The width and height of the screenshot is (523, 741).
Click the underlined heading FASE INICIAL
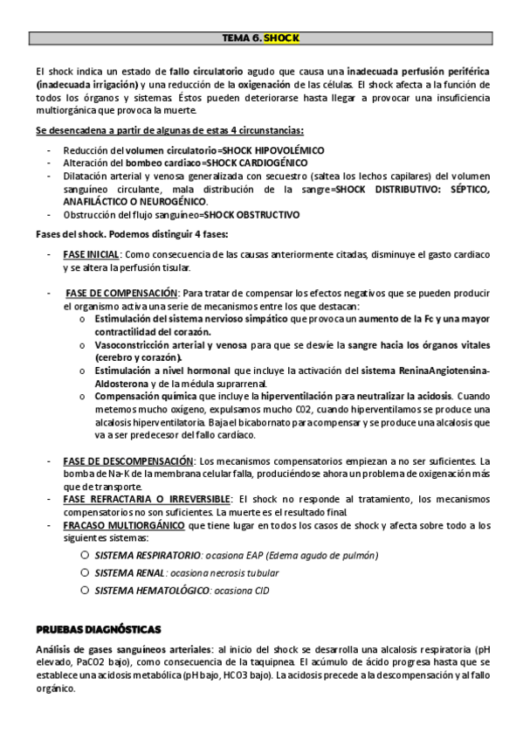(96, 254)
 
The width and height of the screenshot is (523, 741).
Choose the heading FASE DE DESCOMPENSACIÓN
(127, 461)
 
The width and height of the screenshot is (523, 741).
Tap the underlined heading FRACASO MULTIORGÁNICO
(123, 525)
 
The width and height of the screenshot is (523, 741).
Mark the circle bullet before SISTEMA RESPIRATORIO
(85, 556)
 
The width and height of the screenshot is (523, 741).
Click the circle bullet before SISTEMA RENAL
(85, 572)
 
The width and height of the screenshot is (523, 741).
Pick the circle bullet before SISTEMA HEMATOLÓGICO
(85, 590)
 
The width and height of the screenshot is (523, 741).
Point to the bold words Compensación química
(144, 397)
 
